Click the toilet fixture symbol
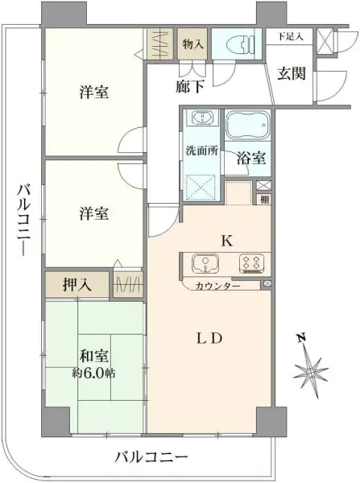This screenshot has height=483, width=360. point(240,43)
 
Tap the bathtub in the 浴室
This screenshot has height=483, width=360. point(248,125)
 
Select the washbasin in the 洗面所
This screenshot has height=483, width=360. point(202,118)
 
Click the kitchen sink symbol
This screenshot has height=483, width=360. point(205,264)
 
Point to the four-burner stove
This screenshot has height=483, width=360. point(251,264)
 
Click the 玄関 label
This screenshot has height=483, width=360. point(292,73)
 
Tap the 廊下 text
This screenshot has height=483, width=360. point(190,87)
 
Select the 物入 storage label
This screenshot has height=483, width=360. point(192,44)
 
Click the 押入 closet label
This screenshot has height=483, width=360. point(77,284)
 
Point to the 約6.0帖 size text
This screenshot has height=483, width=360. point(93,374)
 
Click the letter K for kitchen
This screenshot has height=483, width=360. point(227,241)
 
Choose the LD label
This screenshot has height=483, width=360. point(209,339)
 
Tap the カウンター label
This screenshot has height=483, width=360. point(217,287)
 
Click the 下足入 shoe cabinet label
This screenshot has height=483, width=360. point(290,36)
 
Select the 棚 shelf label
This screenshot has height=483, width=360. point(264,200)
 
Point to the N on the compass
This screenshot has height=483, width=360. point(301,337)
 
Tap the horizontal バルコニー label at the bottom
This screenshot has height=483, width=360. point(151,456)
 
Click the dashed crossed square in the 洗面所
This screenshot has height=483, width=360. point(201,187)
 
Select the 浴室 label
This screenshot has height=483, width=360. point(251,159)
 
